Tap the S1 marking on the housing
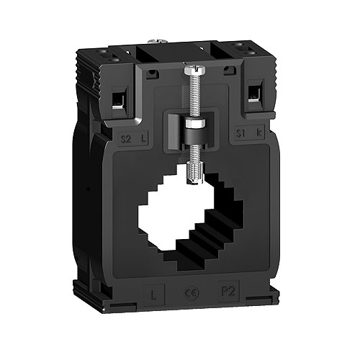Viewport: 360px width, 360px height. tap(240, 133)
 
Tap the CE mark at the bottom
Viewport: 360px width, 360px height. tap(190, 294)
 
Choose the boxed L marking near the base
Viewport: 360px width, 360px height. tap(154, 294)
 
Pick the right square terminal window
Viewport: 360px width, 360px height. tap(253, 94)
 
